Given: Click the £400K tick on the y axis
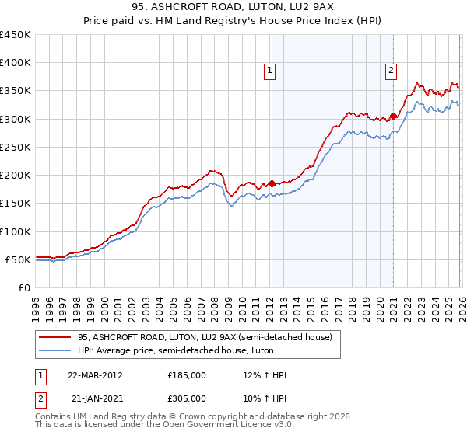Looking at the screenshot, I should pyautogui.click(x=16, y=63).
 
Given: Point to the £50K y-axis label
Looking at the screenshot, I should pyautogui.click(x=19, y=259).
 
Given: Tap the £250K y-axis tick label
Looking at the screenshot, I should pyautogui.click(x=16, y=147).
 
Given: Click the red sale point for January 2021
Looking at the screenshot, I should pyautogui.click(x=393, y=117).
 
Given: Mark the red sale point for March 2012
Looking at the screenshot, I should pyautogui.click(x=272, y=184).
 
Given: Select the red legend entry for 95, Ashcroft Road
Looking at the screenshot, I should pyautogui.click(x=204, y=337).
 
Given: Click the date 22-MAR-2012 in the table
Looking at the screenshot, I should pyautogui.click(x=95, y=375).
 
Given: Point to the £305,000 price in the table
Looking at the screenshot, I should pyautogui.click(x=187, y=397).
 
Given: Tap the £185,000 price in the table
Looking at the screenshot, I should pyautogui.click(x=187, y=375).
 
